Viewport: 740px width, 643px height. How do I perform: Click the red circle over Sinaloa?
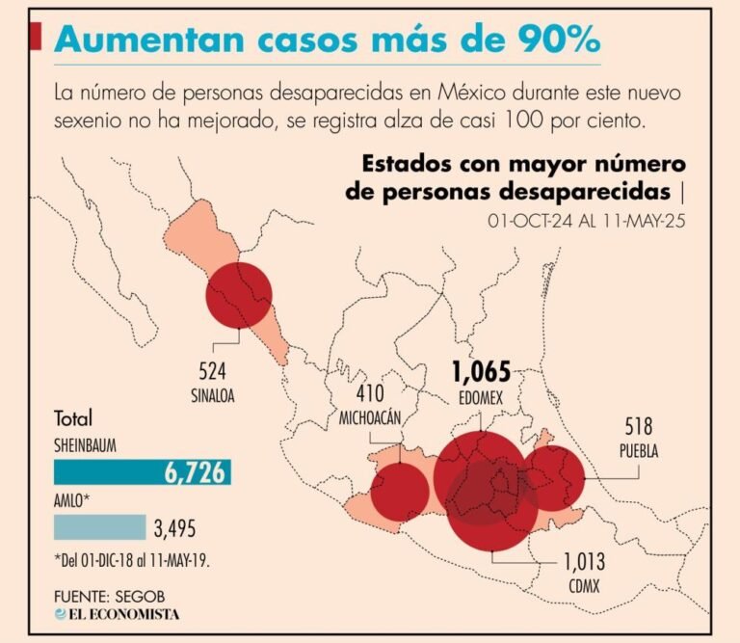[239, 293]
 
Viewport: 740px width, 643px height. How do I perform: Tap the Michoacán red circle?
[399, 493]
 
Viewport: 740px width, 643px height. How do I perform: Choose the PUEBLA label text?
[639, 452]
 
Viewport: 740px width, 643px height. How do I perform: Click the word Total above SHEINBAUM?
[73, 419]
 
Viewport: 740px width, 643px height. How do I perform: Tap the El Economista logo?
[117, 614]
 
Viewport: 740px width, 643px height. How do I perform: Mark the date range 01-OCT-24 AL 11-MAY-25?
[586, 221]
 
